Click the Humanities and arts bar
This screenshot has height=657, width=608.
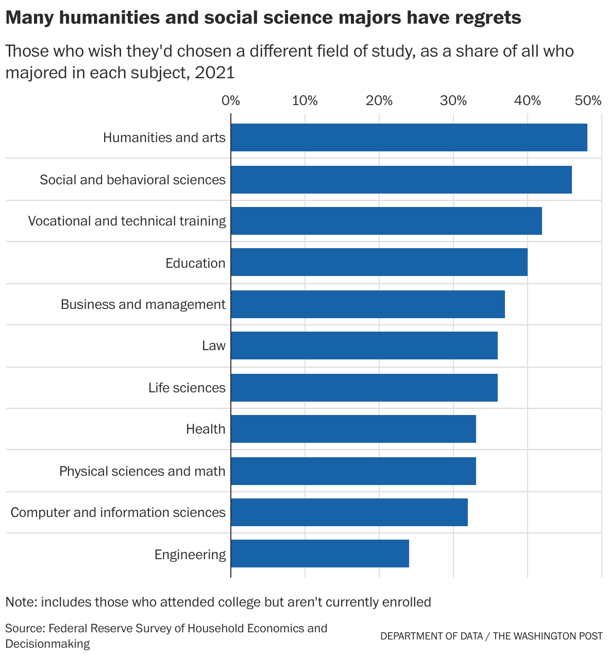point(409,137)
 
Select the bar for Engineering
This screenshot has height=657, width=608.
point(319,554)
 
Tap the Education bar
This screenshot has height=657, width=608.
point(379,262)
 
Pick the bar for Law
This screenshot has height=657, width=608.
point(364,345)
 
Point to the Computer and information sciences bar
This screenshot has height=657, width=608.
point(349,512)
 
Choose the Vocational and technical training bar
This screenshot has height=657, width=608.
point(386,221)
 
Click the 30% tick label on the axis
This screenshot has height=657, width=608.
point(453,100)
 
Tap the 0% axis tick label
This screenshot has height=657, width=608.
point(231,100)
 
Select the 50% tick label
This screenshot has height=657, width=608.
point(588,100)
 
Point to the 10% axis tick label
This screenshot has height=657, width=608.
point(305,100)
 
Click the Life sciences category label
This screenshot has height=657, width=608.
point(187,388)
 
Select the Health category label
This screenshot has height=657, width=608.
point(206,429)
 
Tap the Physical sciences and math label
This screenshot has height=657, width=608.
point(142,471)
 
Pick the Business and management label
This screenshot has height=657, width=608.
point(143,304)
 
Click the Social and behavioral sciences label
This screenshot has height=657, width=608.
point(132,180)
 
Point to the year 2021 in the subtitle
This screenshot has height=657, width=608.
point(215,73)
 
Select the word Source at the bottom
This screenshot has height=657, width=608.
point(24,629)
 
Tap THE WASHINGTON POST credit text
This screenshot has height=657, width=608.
point(547,636)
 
